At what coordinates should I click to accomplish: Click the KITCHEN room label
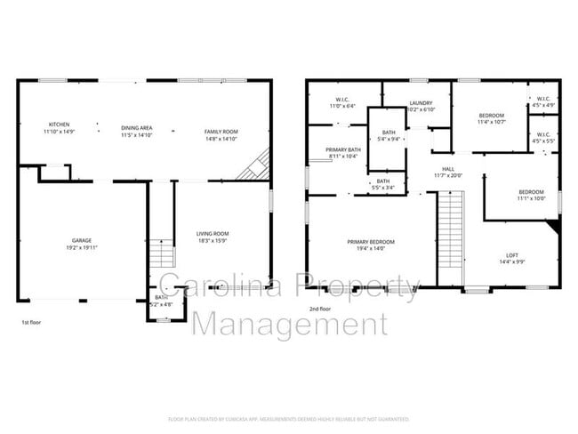pyautogui.click(x=60, y=125)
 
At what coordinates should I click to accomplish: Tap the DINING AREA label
pyautogui.click(x=137, y=128)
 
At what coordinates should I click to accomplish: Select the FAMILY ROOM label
pyautogui.click(x=221, y=132)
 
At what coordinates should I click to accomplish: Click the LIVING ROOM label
pyautogui.click(x=213, y=234)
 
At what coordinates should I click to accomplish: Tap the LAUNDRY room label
pyautogui.click(x=421, y=103)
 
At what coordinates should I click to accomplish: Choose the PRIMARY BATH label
pyautogui.click(x=343, y=150)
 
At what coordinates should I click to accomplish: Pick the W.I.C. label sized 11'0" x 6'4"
pyautogui.click(x=342, y=99)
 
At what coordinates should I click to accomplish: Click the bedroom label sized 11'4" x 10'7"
pyautogui.click(x=491, y=117)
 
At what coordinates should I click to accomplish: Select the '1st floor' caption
pyautogui.click(x=30, y=322)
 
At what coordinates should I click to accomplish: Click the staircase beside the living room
pyautogui.click(x=161, y=253)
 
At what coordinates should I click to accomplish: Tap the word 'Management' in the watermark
pyautogui.click(x=290, y=324)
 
